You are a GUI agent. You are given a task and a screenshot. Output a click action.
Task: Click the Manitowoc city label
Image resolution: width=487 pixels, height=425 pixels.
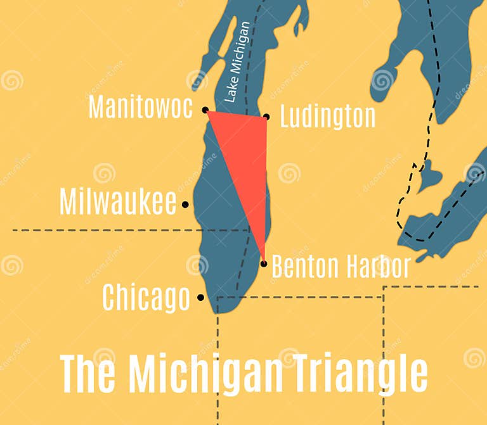pos(140,107)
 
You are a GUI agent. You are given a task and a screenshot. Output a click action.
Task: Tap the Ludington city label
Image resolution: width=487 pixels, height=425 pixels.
pos(327,117)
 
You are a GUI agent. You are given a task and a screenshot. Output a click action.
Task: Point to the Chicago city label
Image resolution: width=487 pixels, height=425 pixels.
pos(146,297)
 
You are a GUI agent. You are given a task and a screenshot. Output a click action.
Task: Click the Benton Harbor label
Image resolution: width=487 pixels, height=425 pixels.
pos(341,267)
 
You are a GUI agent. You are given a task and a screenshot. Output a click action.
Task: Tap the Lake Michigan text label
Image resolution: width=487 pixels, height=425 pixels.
pos(238,62)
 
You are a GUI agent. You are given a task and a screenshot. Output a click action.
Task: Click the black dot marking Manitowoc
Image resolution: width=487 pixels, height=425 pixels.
pos(205,110)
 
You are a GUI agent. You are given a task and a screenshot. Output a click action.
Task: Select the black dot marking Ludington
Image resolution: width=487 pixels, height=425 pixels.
pos(266,117)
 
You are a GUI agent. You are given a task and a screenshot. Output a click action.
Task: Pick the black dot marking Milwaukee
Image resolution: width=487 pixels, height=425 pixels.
pos(185,204)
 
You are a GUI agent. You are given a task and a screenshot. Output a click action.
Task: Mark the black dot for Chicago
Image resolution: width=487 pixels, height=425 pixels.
pos(200,297)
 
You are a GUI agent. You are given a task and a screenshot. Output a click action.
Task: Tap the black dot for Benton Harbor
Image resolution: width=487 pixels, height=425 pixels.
pos(264,263)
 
